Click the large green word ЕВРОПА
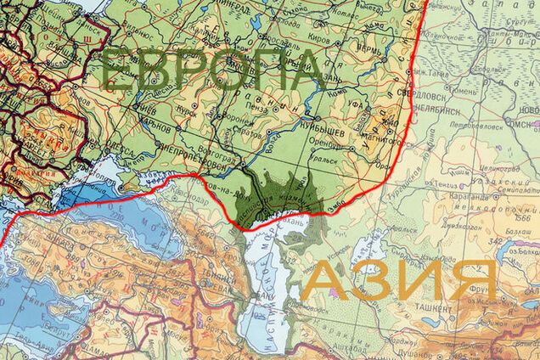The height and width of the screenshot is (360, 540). pos(212,71)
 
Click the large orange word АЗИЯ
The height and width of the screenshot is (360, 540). pos(399,280)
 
